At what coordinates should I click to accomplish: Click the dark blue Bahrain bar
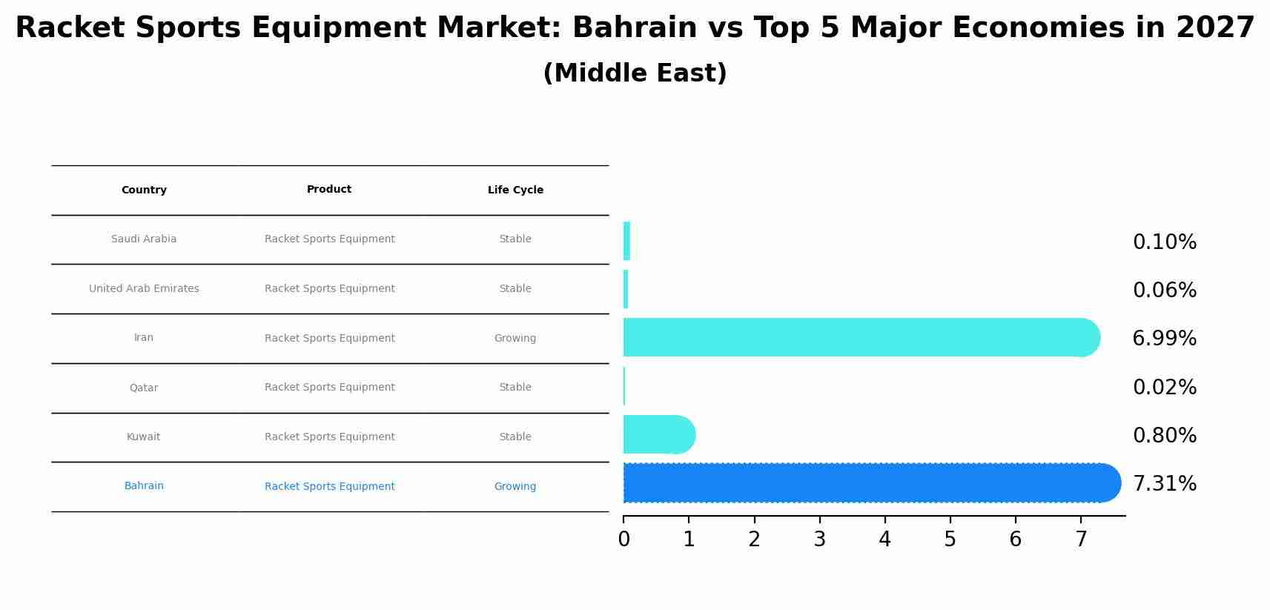pyautogui.click(x=867, y=483)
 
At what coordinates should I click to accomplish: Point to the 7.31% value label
pyautogui.click(x=1164, y=484)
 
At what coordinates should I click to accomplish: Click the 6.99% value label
pyautogui.click(x=1164, y=339)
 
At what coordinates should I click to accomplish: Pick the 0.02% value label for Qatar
pyautogui.click(x=1164, y=388)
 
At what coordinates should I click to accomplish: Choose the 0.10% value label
pyautogui.click(x=1164, y=242)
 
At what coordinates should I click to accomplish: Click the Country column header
pyautogui.click(x=144, y=190)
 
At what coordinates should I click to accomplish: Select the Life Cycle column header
pyautogui.click(x=515, y=190)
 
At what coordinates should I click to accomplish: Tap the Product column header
pyautogui.click(x=329, y=190)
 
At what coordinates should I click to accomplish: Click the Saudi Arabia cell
pyautogui.click(x=144, y=239)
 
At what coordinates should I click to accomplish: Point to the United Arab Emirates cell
pyautogui.click(x=144, y=289)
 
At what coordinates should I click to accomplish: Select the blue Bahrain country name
pyautogui.click(x=144, y=486)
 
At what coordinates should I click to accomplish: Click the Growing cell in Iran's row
pyautogui.click(x=515, y=339)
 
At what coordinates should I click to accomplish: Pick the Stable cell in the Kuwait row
pyautogui.click(x=515, y=437)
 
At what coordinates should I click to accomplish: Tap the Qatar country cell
pyautogui.click(x=144, y=388)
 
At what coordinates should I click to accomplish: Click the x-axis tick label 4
pyautogui.click(x=884, y=540)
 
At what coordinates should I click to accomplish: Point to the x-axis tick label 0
pyautogui.click(x=624, y=540)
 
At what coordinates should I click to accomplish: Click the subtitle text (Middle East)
pyautogui.click(x=635, y=73)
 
